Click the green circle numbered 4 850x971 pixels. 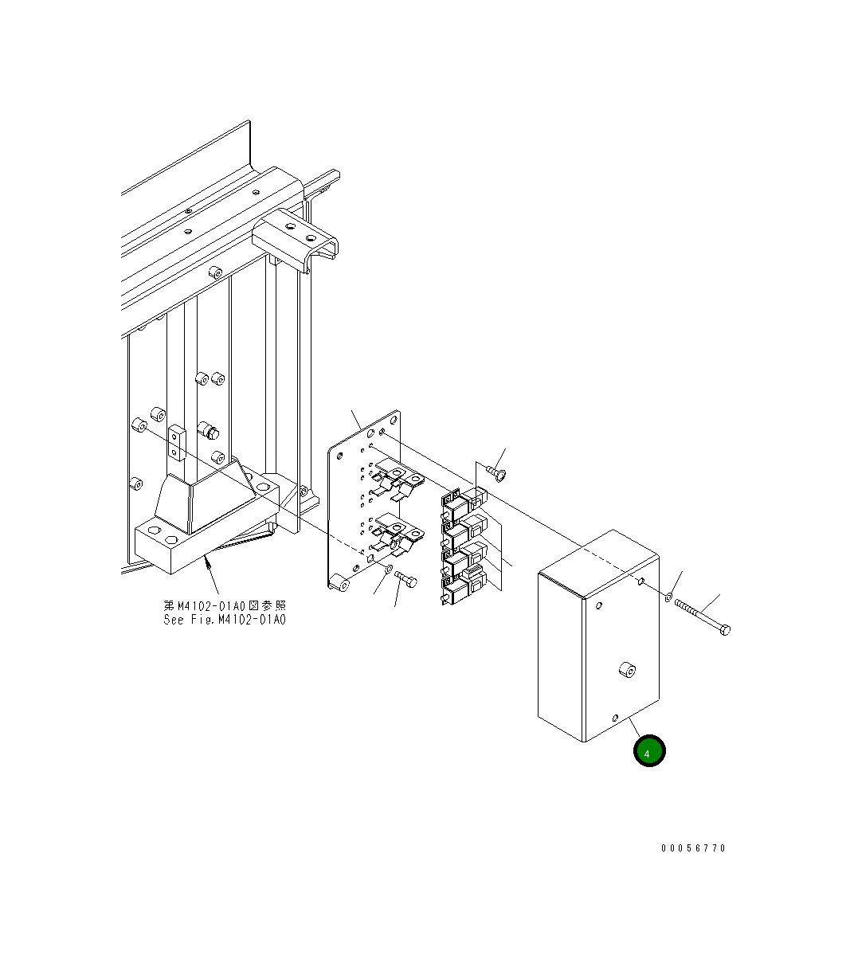649,751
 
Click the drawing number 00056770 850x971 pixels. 693,848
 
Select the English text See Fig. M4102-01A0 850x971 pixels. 225,620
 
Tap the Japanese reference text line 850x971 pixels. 225,606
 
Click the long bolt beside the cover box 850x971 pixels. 702,617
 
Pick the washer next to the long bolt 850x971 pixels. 668,597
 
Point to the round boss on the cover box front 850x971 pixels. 628,670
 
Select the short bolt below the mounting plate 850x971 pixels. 405,578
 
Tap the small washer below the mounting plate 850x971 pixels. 388,569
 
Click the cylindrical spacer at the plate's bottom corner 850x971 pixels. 340,583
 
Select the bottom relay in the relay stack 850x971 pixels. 464,587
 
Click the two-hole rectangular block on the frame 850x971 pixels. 177,442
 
